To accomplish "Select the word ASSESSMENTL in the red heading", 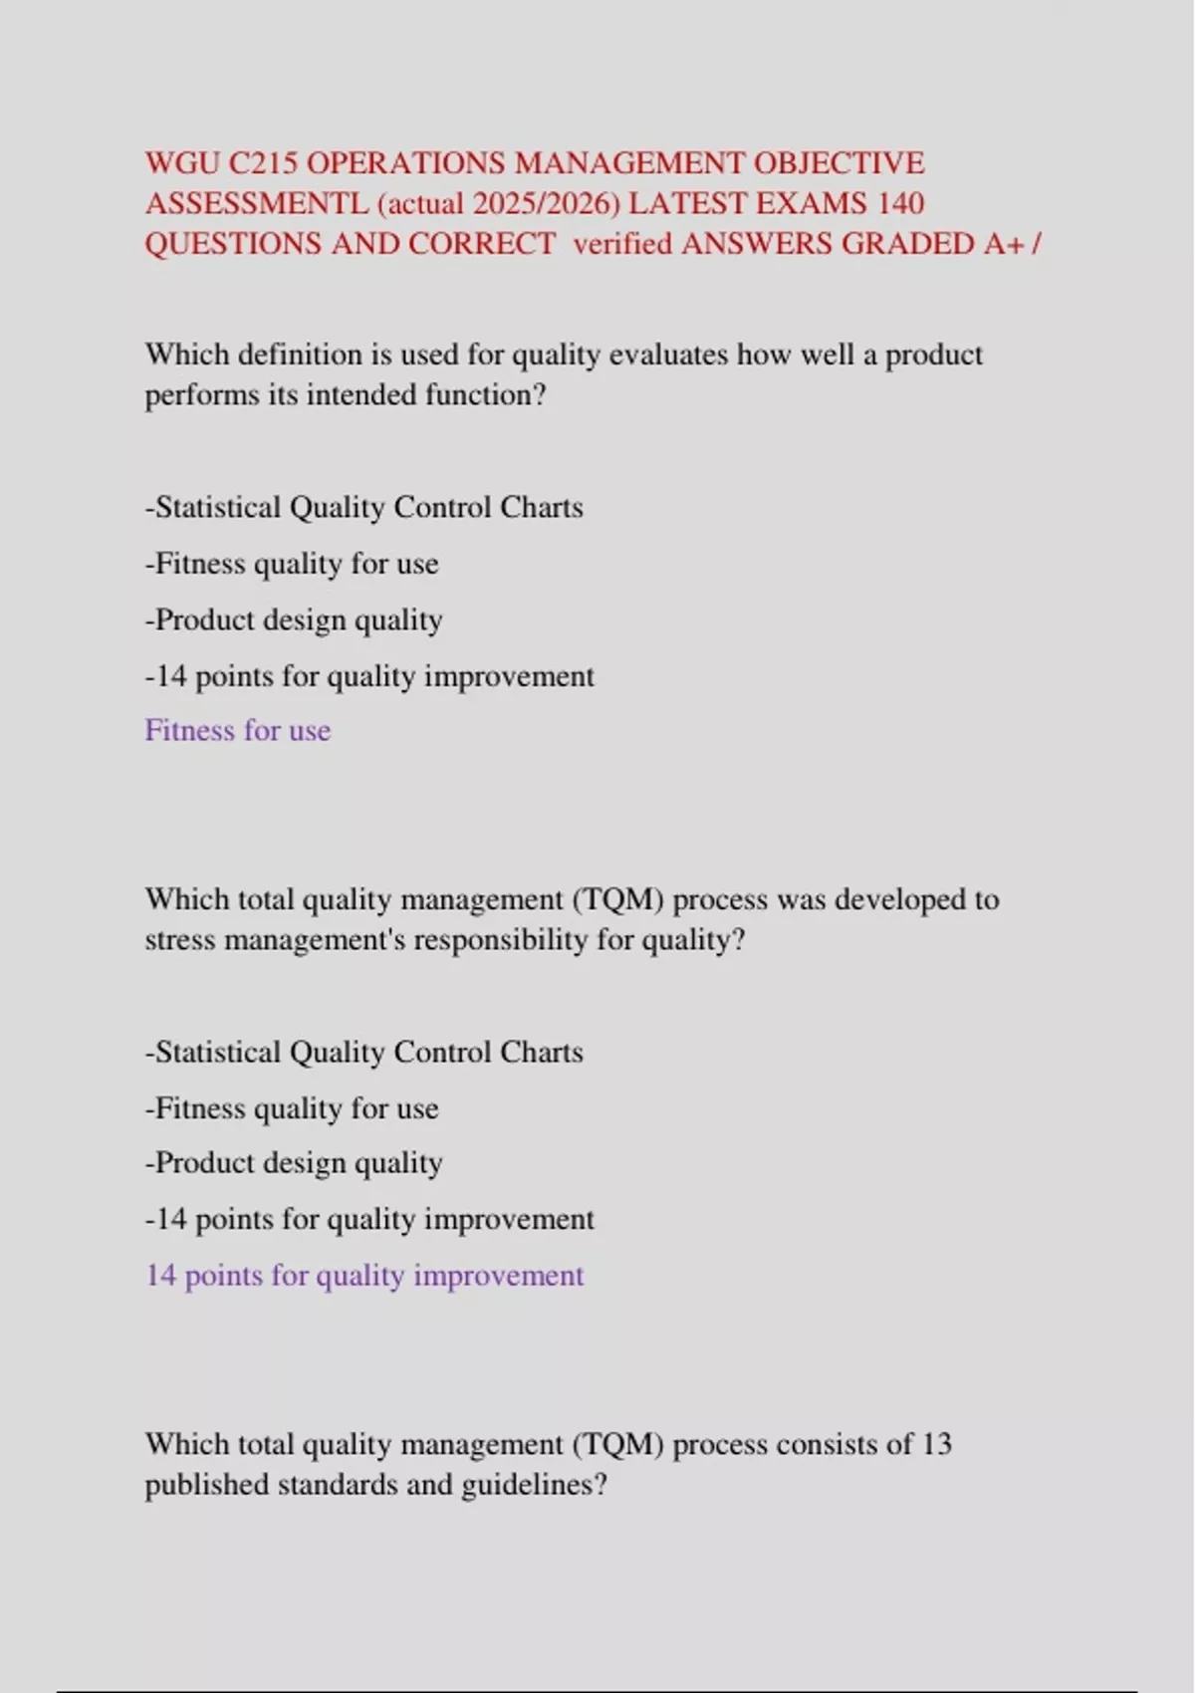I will (x=256, y=203).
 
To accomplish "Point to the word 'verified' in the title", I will (x=622, y=244).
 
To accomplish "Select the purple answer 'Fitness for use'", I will (x=238, y=730).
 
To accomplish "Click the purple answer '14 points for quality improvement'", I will (x=364, y=1275).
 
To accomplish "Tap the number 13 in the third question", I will (x=936, y=1444).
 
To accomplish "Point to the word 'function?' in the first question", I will (x=486, y=395).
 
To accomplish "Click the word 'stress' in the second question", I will (x=180, y=940).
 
